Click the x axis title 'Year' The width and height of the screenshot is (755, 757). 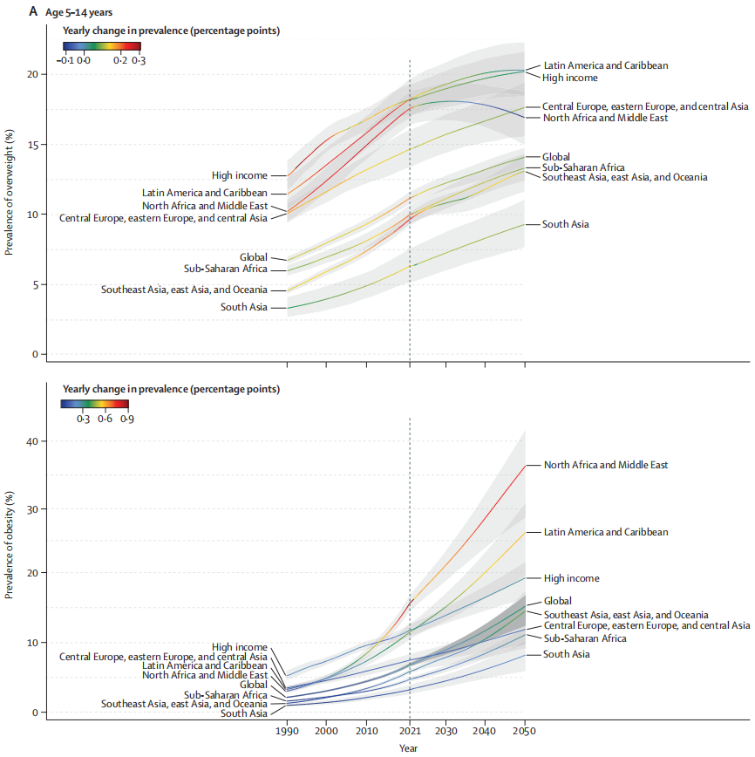point(409,747)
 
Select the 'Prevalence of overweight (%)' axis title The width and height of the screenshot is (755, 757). point(10,192)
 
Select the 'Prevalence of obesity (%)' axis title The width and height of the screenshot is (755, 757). point(10,545)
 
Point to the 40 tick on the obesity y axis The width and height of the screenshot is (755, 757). point(33,441)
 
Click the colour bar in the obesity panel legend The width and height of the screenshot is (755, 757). point(94,404)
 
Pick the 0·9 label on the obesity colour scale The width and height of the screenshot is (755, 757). point(127,419)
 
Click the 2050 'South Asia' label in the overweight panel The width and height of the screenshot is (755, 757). point(566,224)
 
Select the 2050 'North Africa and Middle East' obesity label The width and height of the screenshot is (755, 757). point(606,465)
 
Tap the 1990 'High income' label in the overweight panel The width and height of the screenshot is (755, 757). point(239,175)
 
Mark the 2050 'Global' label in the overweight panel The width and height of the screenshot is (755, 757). point(556,157)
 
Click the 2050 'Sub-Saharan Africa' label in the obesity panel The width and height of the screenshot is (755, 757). point(584,638)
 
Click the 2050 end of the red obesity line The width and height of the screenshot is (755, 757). point(525,465)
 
